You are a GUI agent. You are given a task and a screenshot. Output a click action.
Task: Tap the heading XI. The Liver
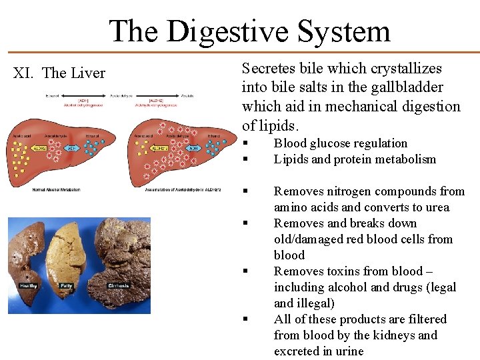pyautogui.click(x=59, y=73)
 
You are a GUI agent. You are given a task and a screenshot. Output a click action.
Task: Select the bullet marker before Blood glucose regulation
pyautogui.click(x=246, y=143)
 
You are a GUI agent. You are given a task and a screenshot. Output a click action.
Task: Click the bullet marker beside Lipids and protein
pyautogui.click(x=246, y=159)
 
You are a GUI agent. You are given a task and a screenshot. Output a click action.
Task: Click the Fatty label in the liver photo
pyautogui.click(x=66, y=285)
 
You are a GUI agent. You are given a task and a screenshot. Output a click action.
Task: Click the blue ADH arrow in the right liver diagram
pyautogui.click(x=193, y=149)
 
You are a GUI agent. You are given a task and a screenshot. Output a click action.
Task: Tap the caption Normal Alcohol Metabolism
pyautogui.click(x=56, y=189)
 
